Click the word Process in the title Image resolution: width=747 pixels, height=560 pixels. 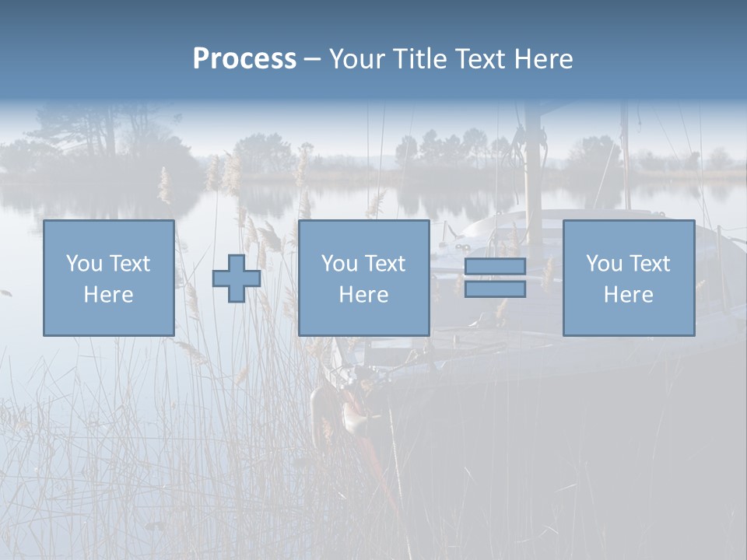click(x=244, y=59)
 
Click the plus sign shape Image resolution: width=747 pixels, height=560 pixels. click(x=237, y=278)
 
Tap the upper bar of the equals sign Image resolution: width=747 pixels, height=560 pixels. click(x=495, y=267)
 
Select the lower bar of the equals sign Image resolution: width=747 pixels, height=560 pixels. click(x=495, y=289)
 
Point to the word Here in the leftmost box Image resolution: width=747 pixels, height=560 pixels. click(x=109, y=295)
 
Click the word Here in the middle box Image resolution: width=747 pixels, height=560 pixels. click(x=364, y=295)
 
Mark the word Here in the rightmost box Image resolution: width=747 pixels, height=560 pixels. click(x=629, y=295)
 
